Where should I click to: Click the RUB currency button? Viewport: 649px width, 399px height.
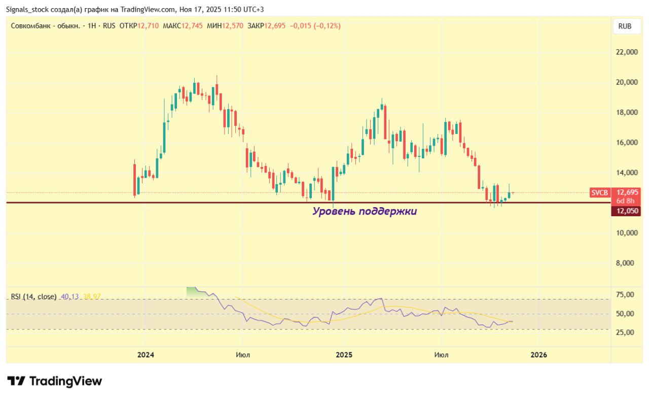point(625,26)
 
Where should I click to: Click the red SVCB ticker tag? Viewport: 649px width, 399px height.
point(600,192)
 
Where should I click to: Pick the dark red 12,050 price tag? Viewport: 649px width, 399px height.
point(626,211)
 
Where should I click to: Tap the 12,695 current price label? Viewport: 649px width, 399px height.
point(626,192)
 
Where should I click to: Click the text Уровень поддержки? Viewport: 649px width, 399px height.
point(364,211)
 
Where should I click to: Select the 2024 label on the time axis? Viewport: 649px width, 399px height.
point(146,355)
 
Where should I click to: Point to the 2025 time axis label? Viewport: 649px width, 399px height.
point(344,355)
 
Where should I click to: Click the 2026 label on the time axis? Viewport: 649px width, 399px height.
point(538,355)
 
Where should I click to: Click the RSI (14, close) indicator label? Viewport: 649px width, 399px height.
point(34,296)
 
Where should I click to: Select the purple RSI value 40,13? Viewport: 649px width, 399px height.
point(69,296)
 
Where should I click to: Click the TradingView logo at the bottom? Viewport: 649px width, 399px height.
point(55,381)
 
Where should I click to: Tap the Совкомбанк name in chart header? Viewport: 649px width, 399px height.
point(31,25)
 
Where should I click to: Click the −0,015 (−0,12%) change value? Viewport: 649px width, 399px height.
point(315,25)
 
